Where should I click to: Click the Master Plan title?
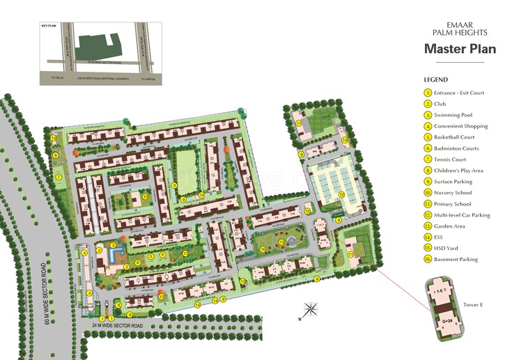pyautogui.click(x=460, y=49)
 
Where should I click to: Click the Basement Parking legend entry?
pyautogui.click(x=456, y=260)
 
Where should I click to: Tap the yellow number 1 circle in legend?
pyautogui.click(x=428, y=93)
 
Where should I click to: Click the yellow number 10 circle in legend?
pyautogui.click(x=428, y=193)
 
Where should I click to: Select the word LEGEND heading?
pyautogui.click(x=435, y=79)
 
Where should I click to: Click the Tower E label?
pyautogui.click(x=473, y=304)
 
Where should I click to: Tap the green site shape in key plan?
pyautogui.click(x=98, y=49)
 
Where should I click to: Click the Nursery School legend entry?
pyautogui.click(x=452, y=193)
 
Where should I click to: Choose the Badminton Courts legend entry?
pyautogui.click(x=456, y=148)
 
